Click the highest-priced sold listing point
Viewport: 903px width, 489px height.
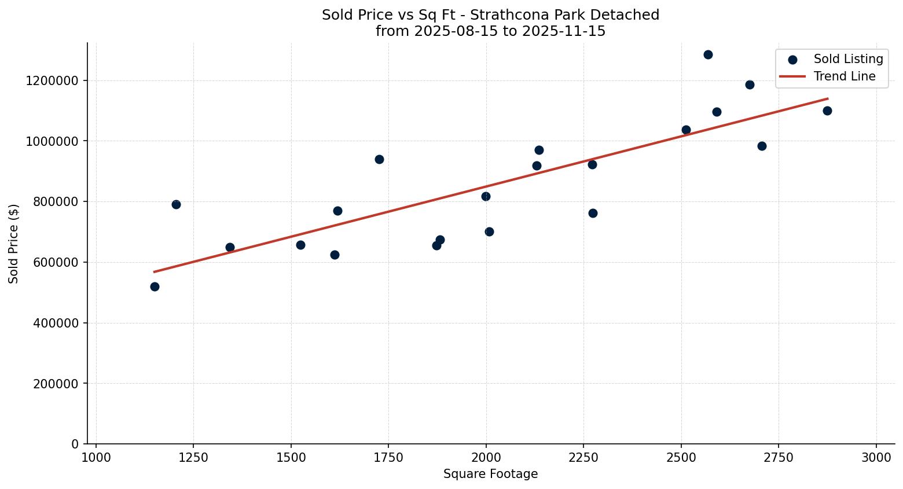pyautogui.click(x=707, y=55)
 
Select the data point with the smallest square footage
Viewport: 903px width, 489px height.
pyautogui.click(x=155, y=287)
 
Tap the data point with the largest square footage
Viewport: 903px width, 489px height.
pyautogui.click(x=827, y=111)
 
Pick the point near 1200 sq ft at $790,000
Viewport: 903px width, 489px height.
pyautogui.click(x=176, y=205)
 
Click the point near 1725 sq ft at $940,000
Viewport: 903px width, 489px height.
pyautogui.click(x=379, y=160)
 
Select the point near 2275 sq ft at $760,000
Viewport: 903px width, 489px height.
pyautogui.click(x=593, y=214)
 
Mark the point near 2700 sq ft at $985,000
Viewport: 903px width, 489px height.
pyautogui.click(x=762, y=146)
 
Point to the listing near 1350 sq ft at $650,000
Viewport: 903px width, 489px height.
pyautogui.click(x=230, y=248)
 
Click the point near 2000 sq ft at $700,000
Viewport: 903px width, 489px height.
pyautogui.click(x=489, y=232)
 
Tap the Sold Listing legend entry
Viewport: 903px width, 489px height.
pyautogui.click(x=847, y=59)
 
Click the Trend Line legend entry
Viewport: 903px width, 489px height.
pyautogui.click(x=844, y=76)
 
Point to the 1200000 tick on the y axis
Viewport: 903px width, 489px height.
pyautogui.click(x=52, y=80)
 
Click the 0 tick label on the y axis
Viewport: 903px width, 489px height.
pyautogui.click(x=75, y=444)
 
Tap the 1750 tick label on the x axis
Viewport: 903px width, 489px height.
pyautogui.click(x=388, y=458)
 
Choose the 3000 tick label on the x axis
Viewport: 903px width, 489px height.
pyautogui.click(x=876, y=458)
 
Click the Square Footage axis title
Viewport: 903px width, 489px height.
pyautogui.click(x=490, y=475)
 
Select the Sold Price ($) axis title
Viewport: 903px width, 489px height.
pyautogui.click(x=14, y=244)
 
